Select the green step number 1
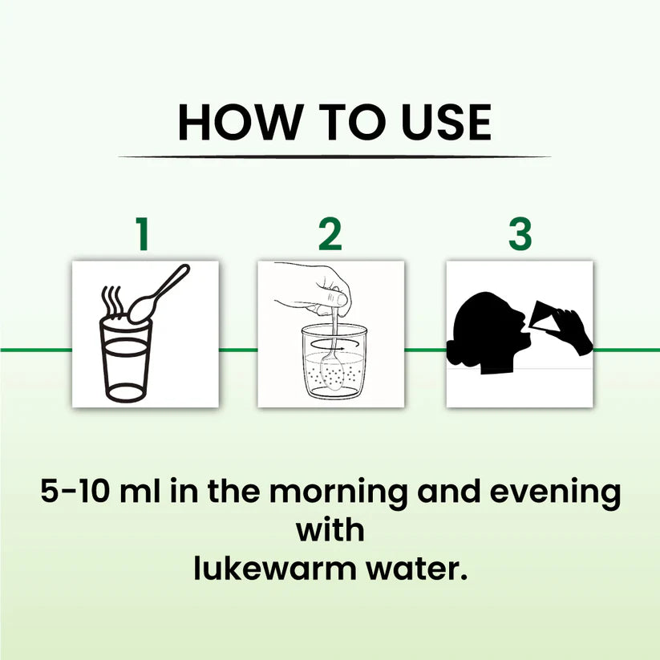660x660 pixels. coord(143,233)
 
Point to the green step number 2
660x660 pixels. coord(330,233)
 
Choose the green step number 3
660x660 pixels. coord(520,233)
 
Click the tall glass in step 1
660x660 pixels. coord(125,360)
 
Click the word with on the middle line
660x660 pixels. coord(330,529)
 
